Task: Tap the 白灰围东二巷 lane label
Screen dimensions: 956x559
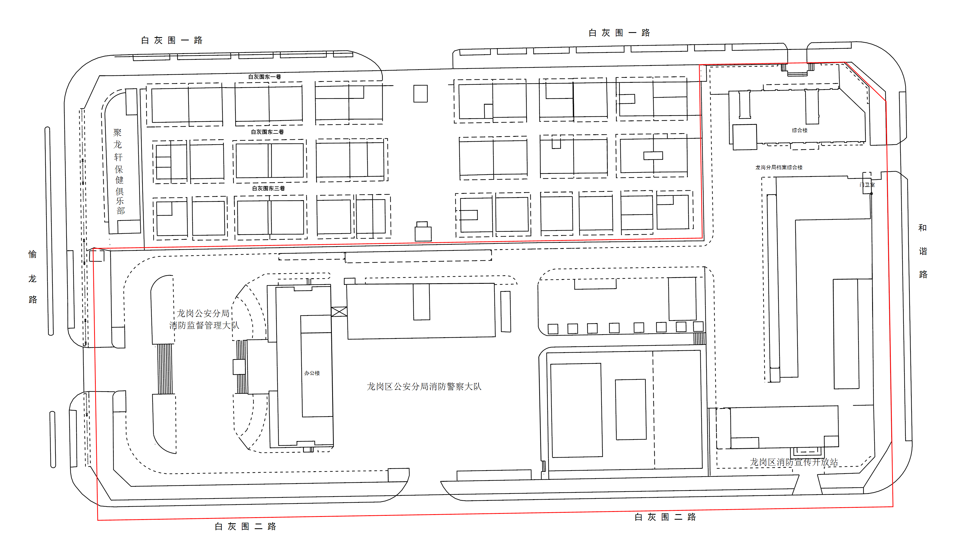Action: pos(267,132)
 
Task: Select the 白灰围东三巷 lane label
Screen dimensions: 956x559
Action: pos(268,188)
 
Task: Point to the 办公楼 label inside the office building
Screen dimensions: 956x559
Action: pos(312,373)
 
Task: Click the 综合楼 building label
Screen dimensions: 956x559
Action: pos(799,130)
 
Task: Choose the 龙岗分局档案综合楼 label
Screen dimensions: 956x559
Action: pos(779,167)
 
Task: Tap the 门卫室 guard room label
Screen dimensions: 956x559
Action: pos(867,185)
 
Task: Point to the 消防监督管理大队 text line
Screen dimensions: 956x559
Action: pos(204,325)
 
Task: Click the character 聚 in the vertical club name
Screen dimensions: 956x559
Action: pos(117,132)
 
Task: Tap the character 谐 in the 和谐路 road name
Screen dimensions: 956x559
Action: pos(923,251)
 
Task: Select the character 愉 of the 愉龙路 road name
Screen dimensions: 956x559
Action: pos(33,254)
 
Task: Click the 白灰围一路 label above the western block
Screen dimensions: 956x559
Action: pos(172,40)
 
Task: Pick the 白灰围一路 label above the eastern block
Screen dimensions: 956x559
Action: pos(619,33)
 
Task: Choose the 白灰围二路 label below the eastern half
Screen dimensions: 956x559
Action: pos(665,517)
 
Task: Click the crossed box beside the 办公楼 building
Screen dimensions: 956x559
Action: pos(339,311)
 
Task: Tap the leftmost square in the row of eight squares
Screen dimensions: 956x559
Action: pos(553,329)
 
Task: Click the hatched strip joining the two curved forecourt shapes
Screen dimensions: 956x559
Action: pos(165,369)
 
